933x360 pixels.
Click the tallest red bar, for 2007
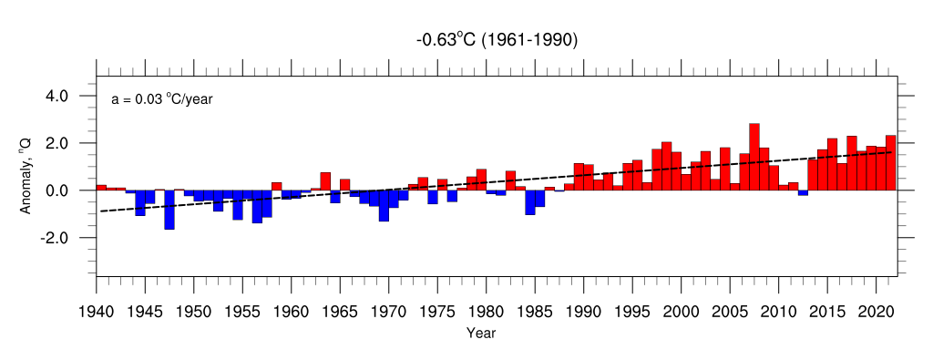click(x=754, y=157)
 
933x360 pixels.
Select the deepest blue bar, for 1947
click(x=169, y=210)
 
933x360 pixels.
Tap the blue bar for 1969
click(x=384, y=206)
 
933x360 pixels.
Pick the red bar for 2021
click(x=891, y=163)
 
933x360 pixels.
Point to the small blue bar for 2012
click(x=803, y=193)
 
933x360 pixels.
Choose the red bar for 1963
click(x=325, y=181)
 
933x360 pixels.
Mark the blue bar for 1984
click(x=530, y=202)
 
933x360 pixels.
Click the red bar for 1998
click(x=666, y=166)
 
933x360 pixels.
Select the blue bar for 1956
click(x=257, y=207)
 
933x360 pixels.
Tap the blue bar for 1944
click(x=140, y=203)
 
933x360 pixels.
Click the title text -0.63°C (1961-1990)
click(x=497, y=41)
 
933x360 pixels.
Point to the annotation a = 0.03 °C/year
click(x=162, y=100)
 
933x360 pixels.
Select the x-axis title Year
click(x=481, y=333)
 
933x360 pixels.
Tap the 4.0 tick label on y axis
click(x=58, y=96)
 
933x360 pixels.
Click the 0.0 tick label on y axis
click(x=58, y=190)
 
